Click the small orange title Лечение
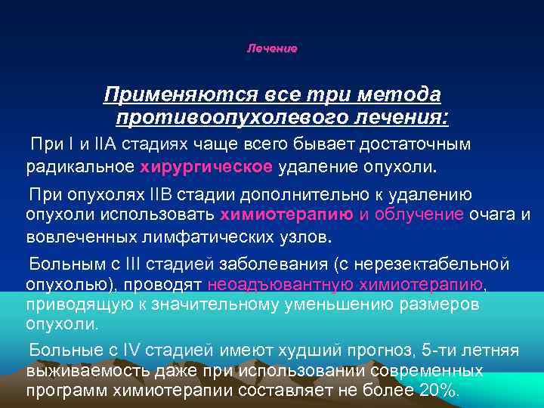click(272, 48)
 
